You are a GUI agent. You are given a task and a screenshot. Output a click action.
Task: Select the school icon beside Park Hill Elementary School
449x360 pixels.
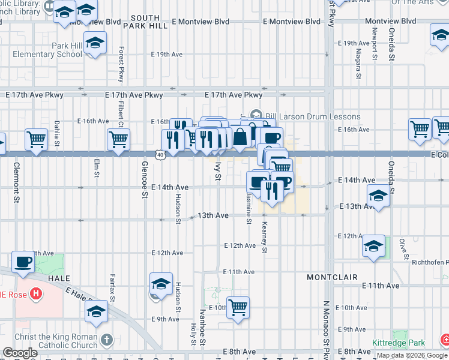point(95,43)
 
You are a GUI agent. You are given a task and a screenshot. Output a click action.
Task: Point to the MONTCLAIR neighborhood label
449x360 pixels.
point(332,277)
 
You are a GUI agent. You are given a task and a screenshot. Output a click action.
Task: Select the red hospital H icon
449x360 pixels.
point(36,295)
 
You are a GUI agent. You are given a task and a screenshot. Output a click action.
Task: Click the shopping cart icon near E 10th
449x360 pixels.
point(238,308)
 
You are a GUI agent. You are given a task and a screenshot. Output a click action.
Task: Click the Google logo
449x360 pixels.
point(20,353)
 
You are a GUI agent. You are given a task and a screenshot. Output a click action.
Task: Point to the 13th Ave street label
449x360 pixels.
point(213,215)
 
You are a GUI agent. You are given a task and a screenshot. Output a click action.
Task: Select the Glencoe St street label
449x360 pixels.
point(144,179)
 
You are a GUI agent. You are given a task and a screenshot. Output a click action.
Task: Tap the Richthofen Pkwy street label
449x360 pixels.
point(430,262)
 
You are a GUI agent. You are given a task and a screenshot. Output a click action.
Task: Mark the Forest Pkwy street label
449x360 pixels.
point(121,65)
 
